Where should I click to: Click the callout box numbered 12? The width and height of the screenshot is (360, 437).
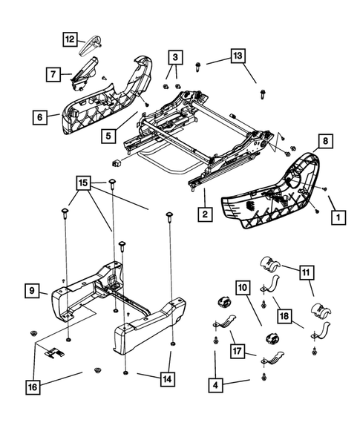click(x=69, y=39)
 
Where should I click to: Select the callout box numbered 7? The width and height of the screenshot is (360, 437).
click(x=54, y=74)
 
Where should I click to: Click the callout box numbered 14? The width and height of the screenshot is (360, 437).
click(x=167, y=377)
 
